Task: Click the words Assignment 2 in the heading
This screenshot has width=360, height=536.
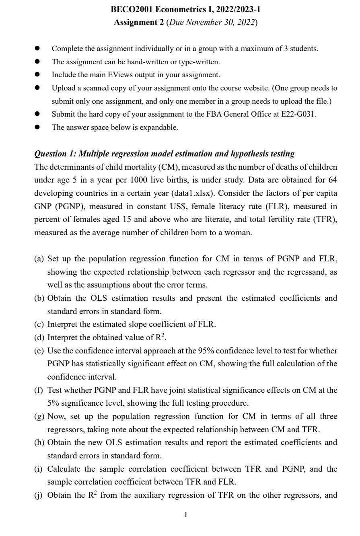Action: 136,23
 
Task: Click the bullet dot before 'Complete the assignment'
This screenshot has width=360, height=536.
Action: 37,48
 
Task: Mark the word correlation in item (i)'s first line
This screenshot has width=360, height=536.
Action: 148,469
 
